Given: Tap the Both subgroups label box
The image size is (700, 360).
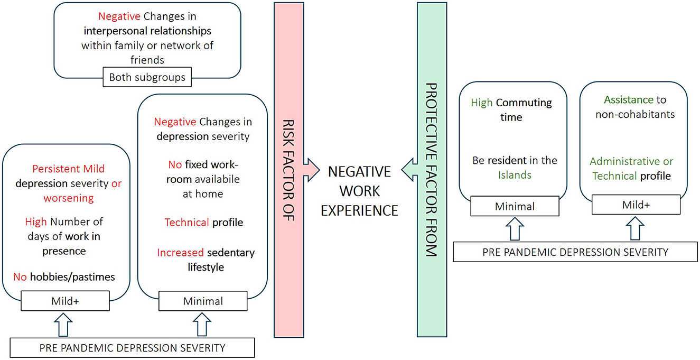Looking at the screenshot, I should (x=147, y=77).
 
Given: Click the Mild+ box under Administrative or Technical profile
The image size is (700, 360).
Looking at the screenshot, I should (x=636, y=205).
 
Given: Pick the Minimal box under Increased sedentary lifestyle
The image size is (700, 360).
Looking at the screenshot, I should (x=203, y=302).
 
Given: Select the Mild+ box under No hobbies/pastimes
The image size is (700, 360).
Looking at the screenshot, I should (x=66, y=302).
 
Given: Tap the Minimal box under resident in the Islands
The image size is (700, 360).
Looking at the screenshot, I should (x=515, y=207).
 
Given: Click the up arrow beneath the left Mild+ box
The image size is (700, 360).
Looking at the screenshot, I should (x=66, y=324).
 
